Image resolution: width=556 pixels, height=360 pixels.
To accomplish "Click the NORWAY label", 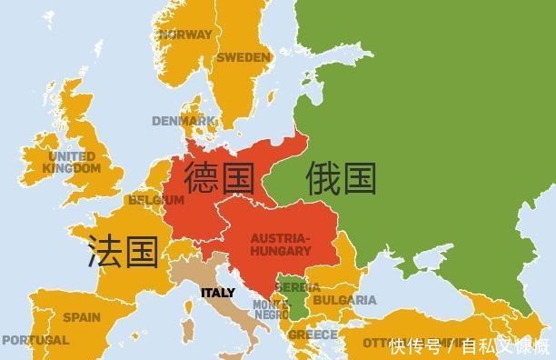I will [x=185, y=35].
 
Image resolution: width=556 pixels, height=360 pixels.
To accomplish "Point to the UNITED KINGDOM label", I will [x=73, y=163].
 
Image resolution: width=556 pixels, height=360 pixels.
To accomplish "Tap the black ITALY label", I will [x=217, y=293].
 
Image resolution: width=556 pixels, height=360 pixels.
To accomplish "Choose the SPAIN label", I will [x=82, y=318].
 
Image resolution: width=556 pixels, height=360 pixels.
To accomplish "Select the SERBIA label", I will [x=297, y=287].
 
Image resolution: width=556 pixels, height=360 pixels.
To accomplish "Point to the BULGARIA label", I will [x=344, y=300].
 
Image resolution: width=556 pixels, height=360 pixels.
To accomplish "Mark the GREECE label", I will [x=313, y=335].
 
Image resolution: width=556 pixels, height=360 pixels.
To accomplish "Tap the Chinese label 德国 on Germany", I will [x=219, y=179].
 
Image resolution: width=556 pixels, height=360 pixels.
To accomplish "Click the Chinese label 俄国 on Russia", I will [x=341, y=178].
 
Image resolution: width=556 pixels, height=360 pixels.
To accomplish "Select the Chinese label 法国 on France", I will [x=123, y=251].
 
